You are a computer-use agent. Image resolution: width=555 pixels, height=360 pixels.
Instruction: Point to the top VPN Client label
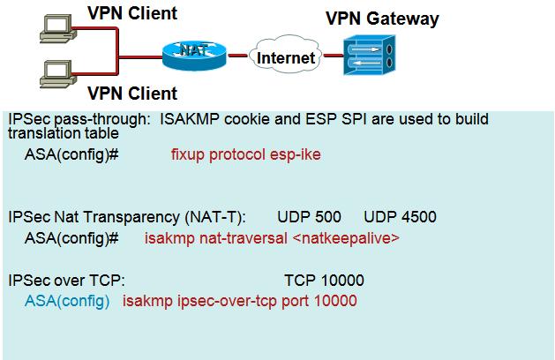pyautogui.click(x=131, y=12)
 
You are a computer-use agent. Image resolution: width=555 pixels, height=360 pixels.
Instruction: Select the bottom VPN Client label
pyautogui.click(x=131, y=93)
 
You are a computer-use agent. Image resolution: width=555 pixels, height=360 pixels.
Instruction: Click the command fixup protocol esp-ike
pyautogui.click(x=245, y=154)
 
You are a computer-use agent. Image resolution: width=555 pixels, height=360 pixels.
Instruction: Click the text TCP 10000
pyautogui.click(x=324, y=281)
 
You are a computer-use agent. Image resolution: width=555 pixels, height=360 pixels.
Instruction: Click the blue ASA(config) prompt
pyautogui.click(x=67, y=302)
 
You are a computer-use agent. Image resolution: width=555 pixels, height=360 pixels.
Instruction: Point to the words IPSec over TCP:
pyautogui.click(x=66, y=281)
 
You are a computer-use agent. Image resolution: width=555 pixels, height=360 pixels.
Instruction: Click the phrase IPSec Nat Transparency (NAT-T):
pyautogui.click(x=127, y=216)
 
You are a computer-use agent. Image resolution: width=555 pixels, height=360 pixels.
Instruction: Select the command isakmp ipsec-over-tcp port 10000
pyautogui.click(x=239, y=302)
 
